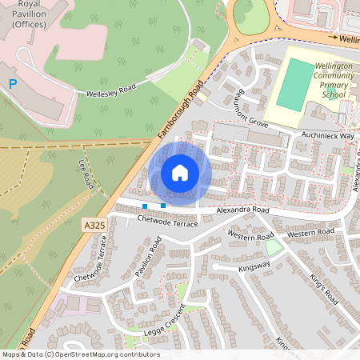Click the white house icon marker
(180, 173)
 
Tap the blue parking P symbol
(12, 83)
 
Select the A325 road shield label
(94, 226)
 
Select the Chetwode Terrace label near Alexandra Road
(166, 220)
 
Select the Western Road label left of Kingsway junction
(250, 234)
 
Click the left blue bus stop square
(145, 206)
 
